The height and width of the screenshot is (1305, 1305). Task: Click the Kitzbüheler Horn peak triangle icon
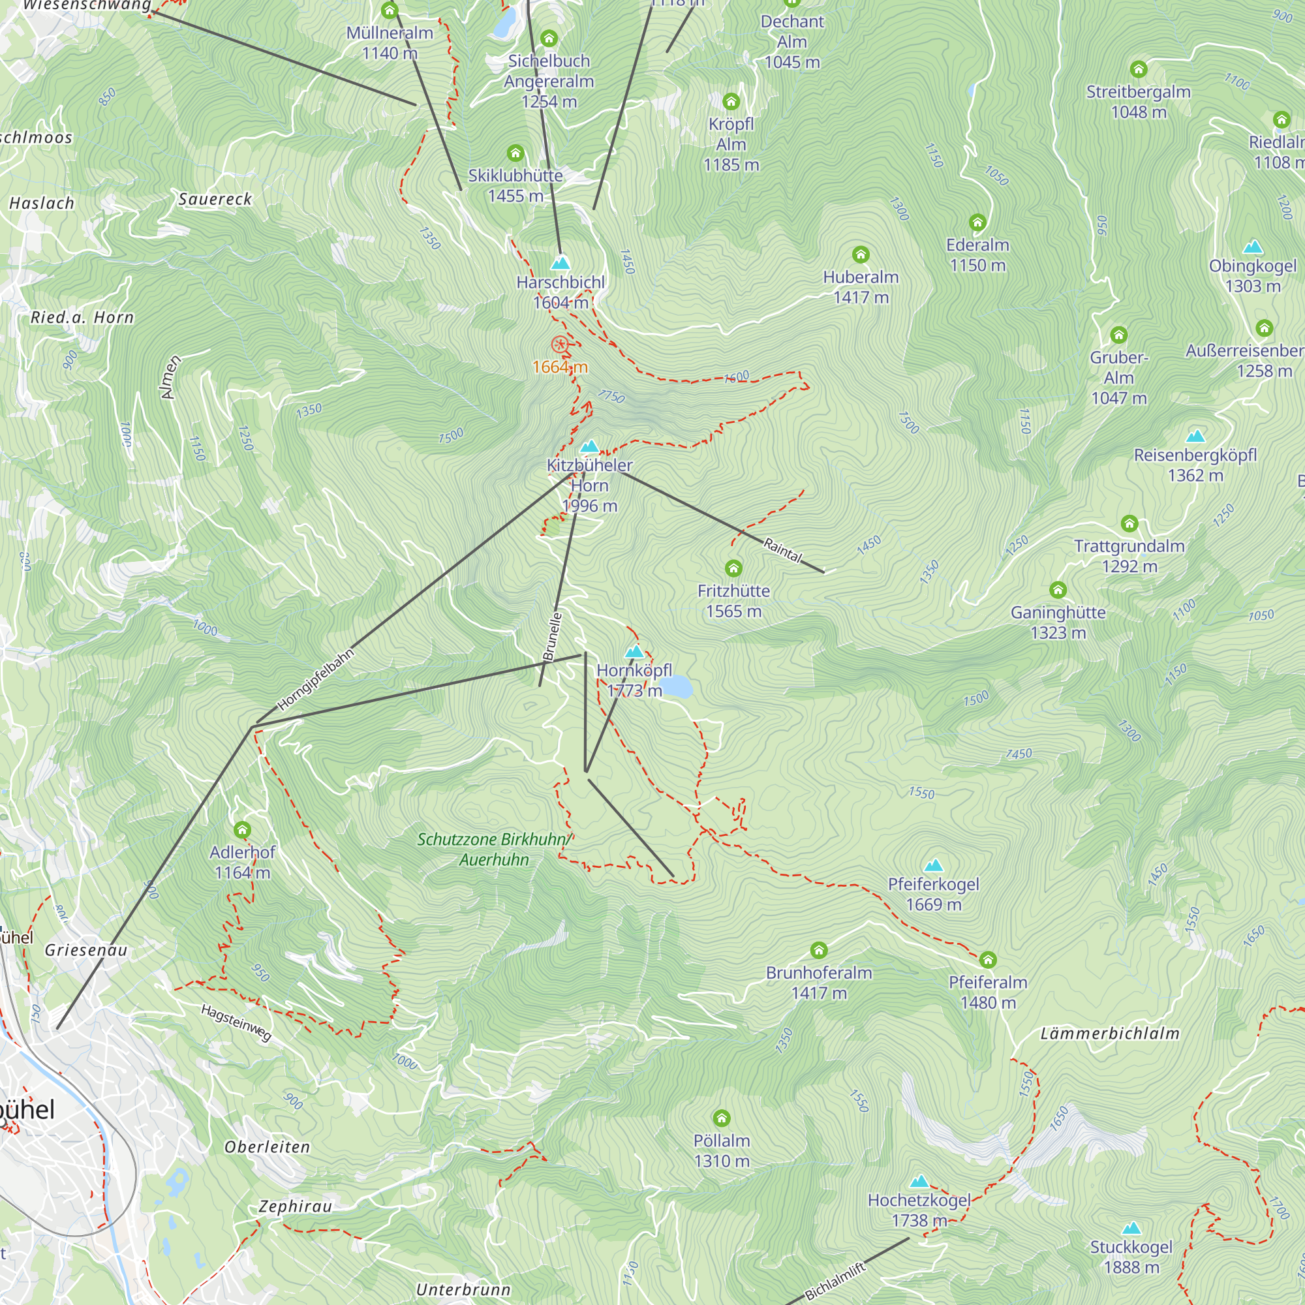pyautogui.click(x=590, y=446)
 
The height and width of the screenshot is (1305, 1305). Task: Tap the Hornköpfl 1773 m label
pyautogui.click(x=634, y=680)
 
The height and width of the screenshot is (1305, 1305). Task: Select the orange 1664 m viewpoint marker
pyautogui.click(x=559, y=345)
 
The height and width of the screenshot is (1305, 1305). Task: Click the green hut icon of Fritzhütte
pyautogui.click(x=733, y=568)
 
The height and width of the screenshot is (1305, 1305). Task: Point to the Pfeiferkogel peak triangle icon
pyautogui.click(x=934, y=865)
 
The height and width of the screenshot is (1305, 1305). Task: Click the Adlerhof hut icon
pyautogui.click(x=243, y=829)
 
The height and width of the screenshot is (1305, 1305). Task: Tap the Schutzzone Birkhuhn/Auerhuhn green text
pyautogui.click(x=494, y=849)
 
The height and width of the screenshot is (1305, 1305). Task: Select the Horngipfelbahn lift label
pyautogui.click(x=315, y=679)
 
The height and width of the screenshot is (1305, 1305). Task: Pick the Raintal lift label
pyautogui.click(x=783, y=551)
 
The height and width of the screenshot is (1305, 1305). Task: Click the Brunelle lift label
pyautogui.click(x=552, y=636)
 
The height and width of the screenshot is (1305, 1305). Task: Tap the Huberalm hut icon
pyautogui.click(x=861, y=254)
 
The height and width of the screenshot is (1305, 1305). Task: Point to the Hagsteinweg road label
pyautogui.click(x=236, y=1022)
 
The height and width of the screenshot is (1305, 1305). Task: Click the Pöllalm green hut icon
pyautogui.click(x=722, y=1118)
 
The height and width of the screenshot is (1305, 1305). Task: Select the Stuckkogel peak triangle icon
pyautogui.click(x=1131, y=1228)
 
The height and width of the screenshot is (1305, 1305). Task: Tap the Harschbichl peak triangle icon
pyautogui.click(x=560, y=262)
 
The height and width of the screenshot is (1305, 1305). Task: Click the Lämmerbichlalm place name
pyautogui.click(x=1110, y=1033)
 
